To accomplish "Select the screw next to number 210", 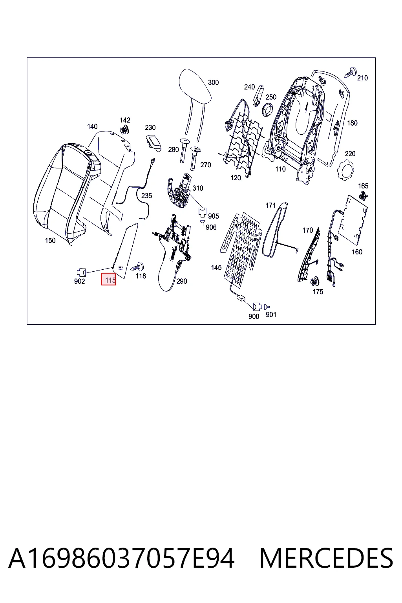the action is click(x=350, y=72).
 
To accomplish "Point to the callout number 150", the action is click(x=50, y=241).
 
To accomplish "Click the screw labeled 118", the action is click(x=138, y=267).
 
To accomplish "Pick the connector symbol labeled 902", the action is click(x=82, y=272).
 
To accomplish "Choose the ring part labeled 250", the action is click(x=267, y=109).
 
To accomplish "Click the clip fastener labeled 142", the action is click(x=124, y=130).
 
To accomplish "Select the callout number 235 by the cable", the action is click(x=146, y=196).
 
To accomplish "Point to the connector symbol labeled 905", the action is click(x=202, y=212).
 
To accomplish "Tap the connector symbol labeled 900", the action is click(x=258, y=306).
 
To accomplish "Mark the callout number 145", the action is click(x=216, y=268).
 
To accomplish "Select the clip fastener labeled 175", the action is click(x=314, y=281).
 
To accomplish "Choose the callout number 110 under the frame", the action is click(x=280, y=169).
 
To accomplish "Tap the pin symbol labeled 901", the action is click(x=267, y=307).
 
